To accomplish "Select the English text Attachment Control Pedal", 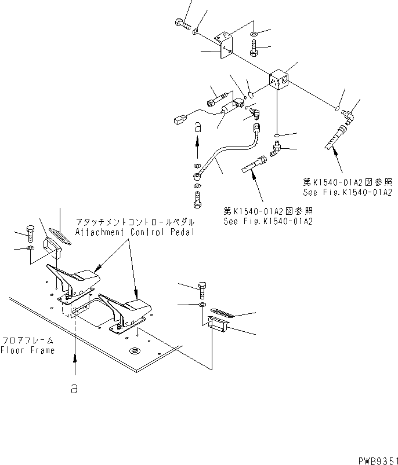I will click(x=134, y=232).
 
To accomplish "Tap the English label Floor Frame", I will click(x=27, y=350).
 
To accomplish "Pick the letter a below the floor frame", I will click(x=74, y=389).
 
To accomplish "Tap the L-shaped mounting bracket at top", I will click(x=225, y=45).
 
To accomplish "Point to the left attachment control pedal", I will click(x=75, y=280).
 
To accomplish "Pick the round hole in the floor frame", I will click(x=135, y=350).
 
